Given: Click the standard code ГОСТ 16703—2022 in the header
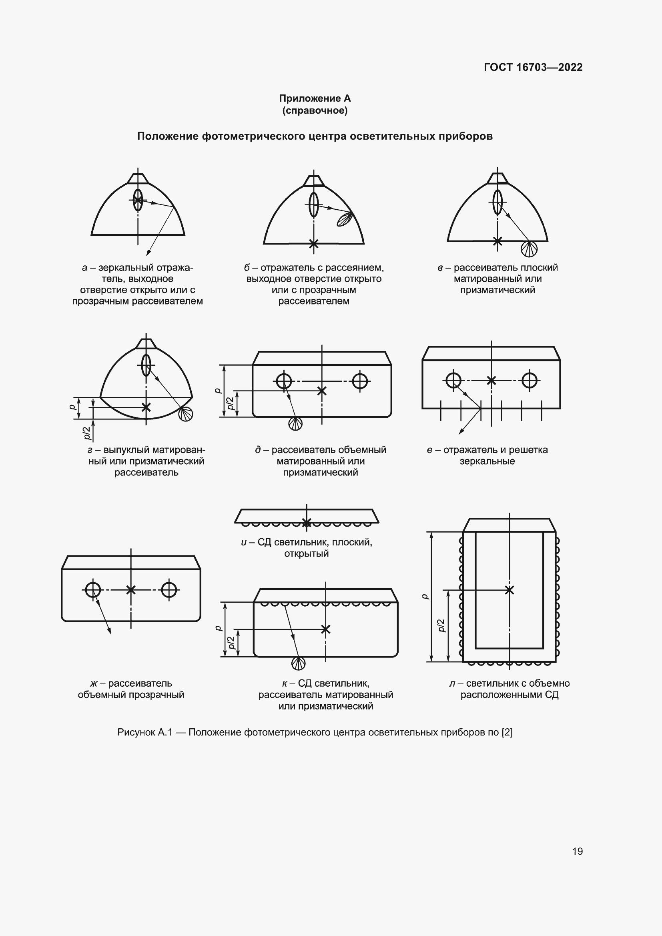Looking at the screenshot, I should pos(533,67).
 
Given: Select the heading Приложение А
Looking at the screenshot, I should pos(315,98).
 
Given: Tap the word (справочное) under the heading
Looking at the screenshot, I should pos(315,110).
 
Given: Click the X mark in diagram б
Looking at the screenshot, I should pos(313,244).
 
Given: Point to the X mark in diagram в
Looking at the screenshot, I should pos(498,241).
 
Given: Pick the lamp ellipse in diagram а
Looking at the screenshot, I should pos(138,200).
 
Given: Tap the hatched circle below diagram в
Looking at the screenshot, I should pos(529,249).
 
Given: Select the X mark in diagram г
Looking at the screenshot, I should pos(146,407).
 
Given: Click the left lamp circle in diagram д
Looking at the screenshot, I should pos(284,381).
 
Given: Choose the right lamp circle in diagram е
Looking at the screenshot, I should pos(529,380).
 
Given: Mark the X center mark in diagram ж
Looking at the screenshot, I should pos(131,589).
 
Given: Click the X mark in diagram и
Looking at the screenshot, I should pos(307,522).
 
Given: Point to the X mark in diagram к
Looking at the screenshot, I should pos(325,629).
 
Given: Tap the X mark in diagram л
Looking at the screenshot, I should pos(509,590).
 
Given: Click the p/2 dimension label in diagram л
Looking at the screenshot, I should pos(441,625).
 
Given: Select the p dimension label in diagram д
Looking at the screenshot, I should pos(218,391).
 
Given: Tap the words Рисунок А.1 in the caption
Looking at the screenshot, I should pos(145,732).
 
